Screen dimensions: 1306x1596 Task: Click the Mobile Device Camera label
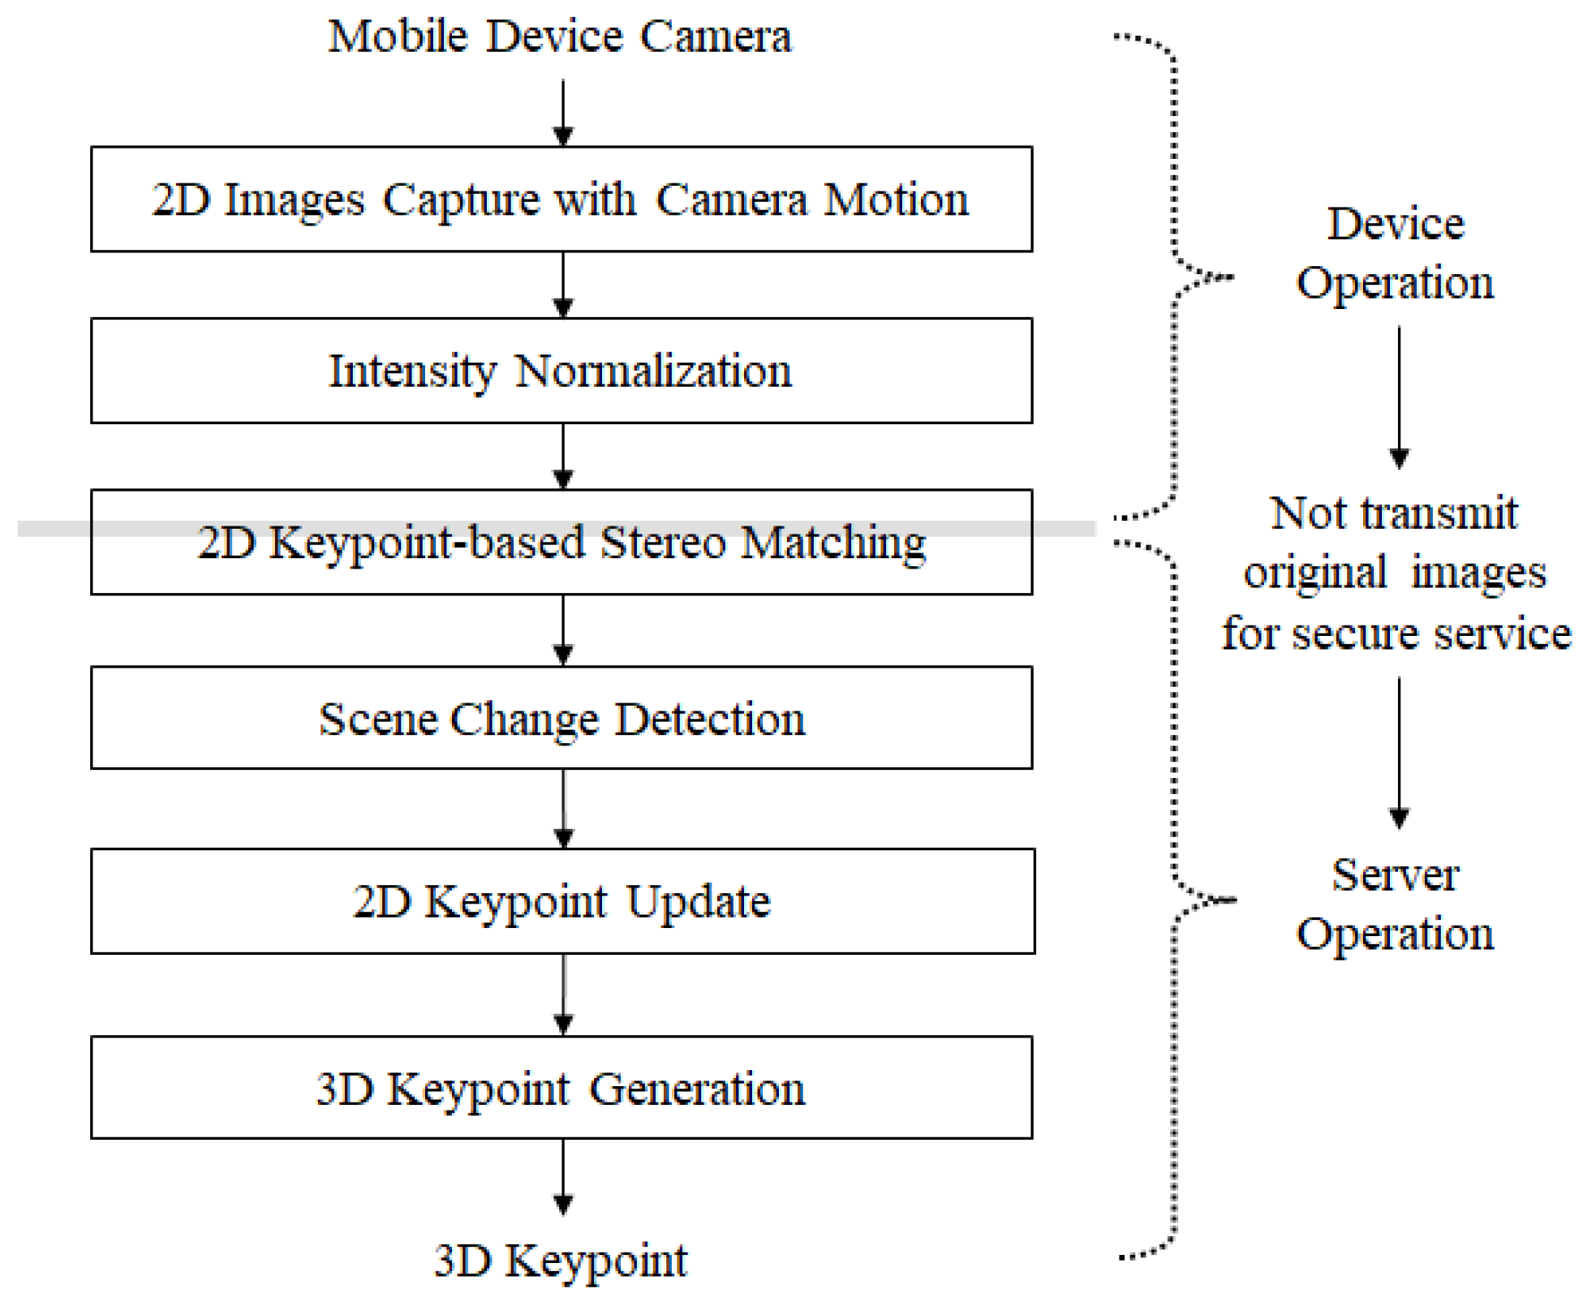coord(559,37)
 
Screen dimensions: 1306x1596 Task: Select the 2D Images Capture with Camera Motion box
coord(561,200)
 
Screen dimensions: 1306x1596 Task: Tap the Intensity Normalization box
coord(561,371)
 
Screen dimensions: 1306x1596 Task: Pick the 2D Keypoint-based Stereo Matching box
coord(561,543)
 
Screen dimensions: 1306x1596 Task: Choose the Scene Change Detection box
coord(561,719)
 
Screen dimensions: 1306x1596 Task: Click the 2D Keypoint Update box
coord(561,901)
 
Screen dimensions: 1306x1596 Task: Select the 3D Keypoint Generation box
coord(561,1088)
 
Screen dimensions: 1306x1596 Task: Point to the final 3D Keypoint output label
coord(561,1260)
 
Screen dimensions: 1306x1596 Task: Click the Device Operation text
coord(1395,252)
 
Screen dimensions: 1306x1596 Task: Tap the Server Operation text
coord(1395,904)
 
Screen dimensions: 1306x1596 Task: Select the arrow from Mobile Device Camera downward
coord(563,112)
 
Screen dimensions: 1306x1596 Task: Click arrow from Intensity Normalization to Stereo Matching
coord(563,456)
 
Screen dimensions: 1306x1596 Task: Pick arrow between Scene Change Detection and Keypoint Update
coord(564,809)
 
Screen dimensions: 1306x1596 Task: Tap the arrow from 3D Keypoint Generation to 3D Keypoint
coord(563,1176)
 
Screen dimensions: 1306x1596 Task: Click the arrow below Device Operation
coord(1399,397)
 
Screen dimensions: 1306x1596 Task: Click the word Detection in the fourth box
coord(709,720)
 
